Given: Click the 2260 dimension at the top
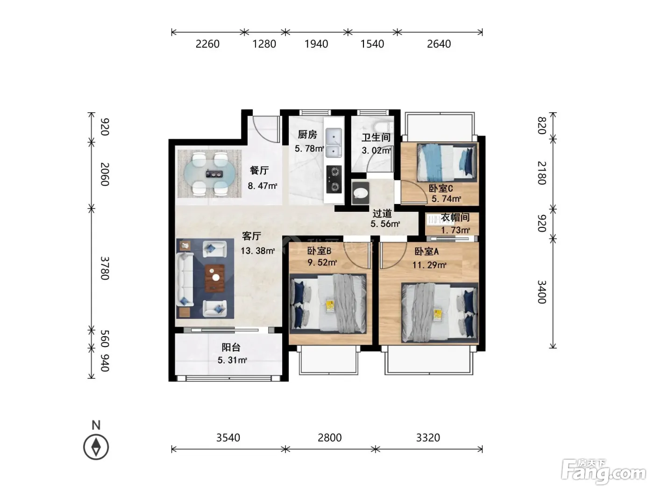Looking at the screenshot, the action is pyautogui.click(x=207, y=44).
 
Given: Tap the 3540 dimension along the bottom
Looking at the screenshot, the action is pyautogui.click(x=228, y=438).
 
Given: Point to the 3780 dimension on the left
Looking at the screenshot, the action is pyautogui.click(x=105, y=268).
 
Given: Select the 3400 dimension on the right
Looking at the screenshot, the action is pyautogui.click(x=541, y=292).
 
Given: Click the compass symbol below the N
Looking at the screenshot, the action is pyautogui.click(x=96, y=447).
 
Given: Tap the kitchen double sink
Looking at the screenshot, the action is pyautogui.click(x=334, y=143).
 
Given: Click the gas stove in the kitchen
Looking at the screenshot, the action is pyautogui.click(x=334, y=179).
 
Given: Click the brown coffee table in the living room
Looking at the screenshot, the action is pyautogui.click(x=214, y=278).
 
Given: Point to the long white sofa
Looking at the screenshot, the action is pyautogui.click(x=185, y=279).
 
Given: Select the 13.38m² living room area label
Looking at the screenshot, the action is pyautogui.click(x=257, y=251).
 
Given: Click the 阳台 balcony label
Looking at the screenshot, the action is pyautogui.click(x=231, y=347).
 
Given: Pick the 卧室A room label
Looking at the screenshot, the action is pyautogui.click(x=427, y=252).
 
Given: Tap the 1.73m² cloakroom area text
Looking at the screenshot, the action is pyautogui.click(x=455, y=230).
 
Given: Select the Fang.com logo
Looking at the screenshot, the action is pyautogui.click(x=604, y=471).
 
